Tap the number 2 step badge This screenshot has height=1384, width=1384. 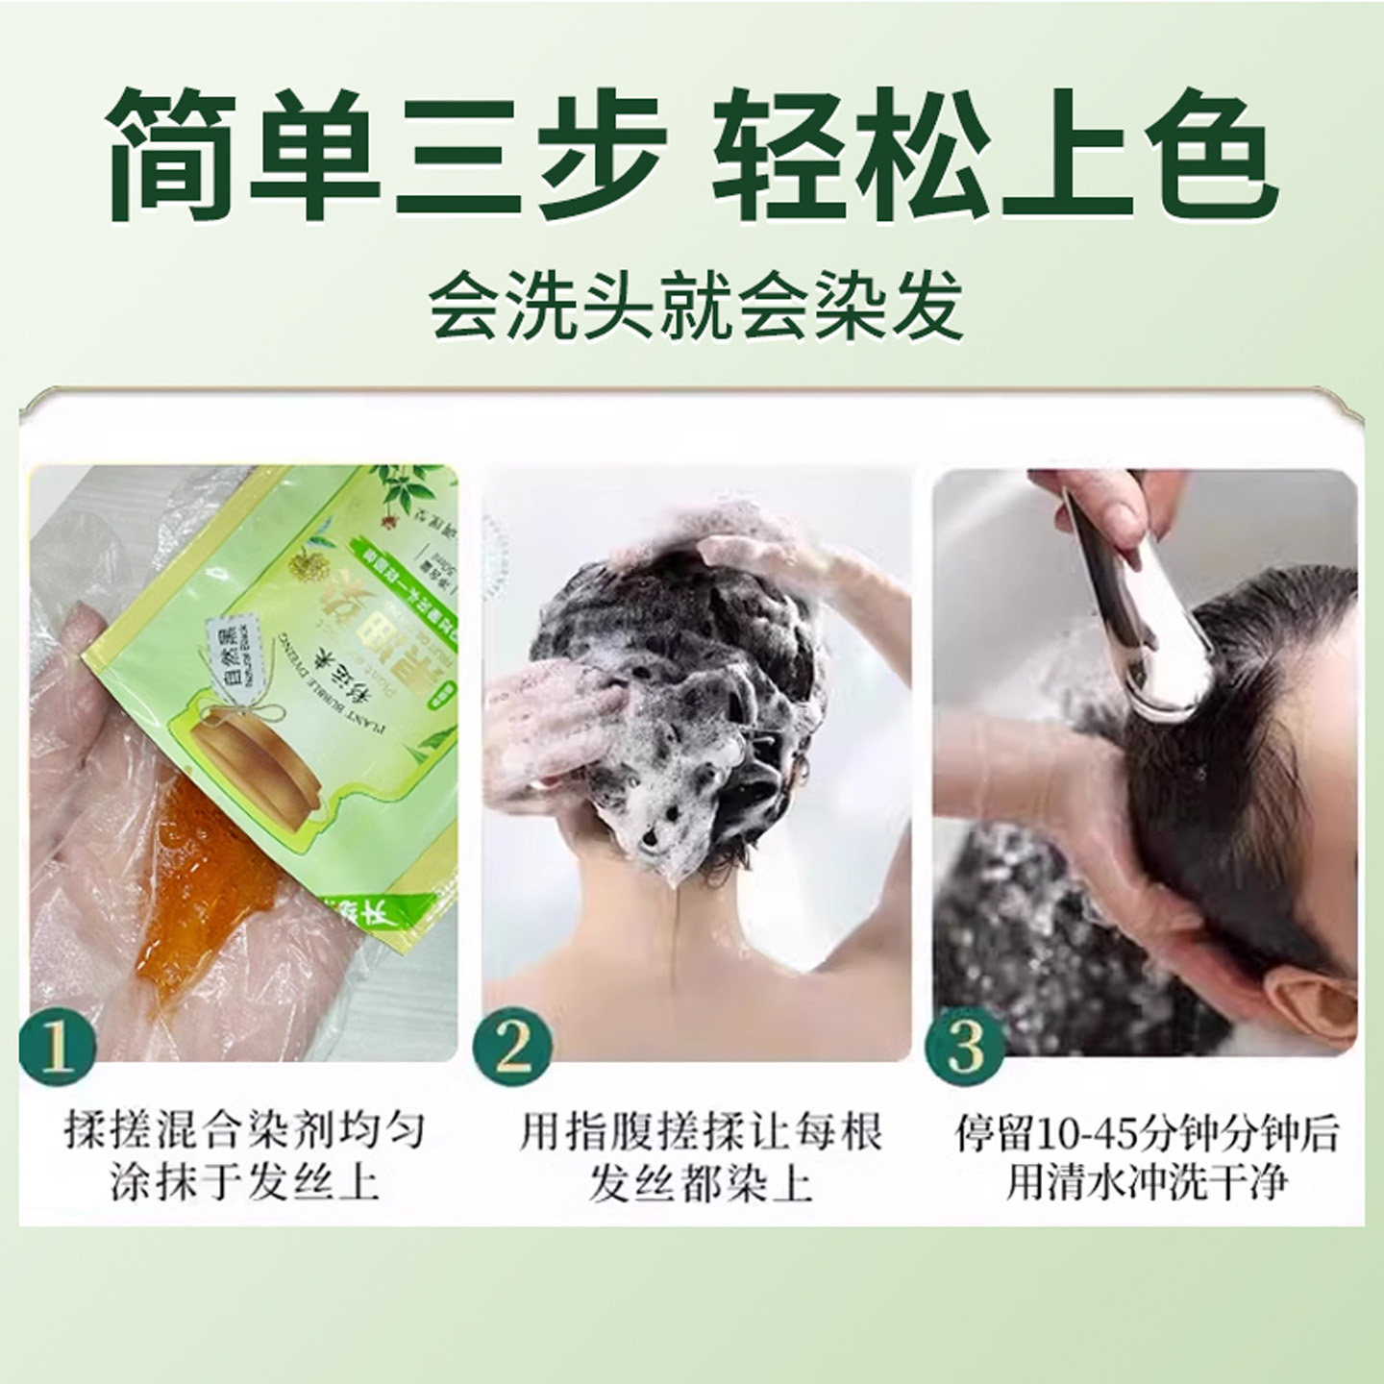point(513,1046)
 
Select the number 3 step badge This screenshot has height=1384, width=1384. point(965,1046)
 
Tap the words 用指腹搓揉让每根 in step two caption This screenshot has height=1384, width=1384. point(700,1132)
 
